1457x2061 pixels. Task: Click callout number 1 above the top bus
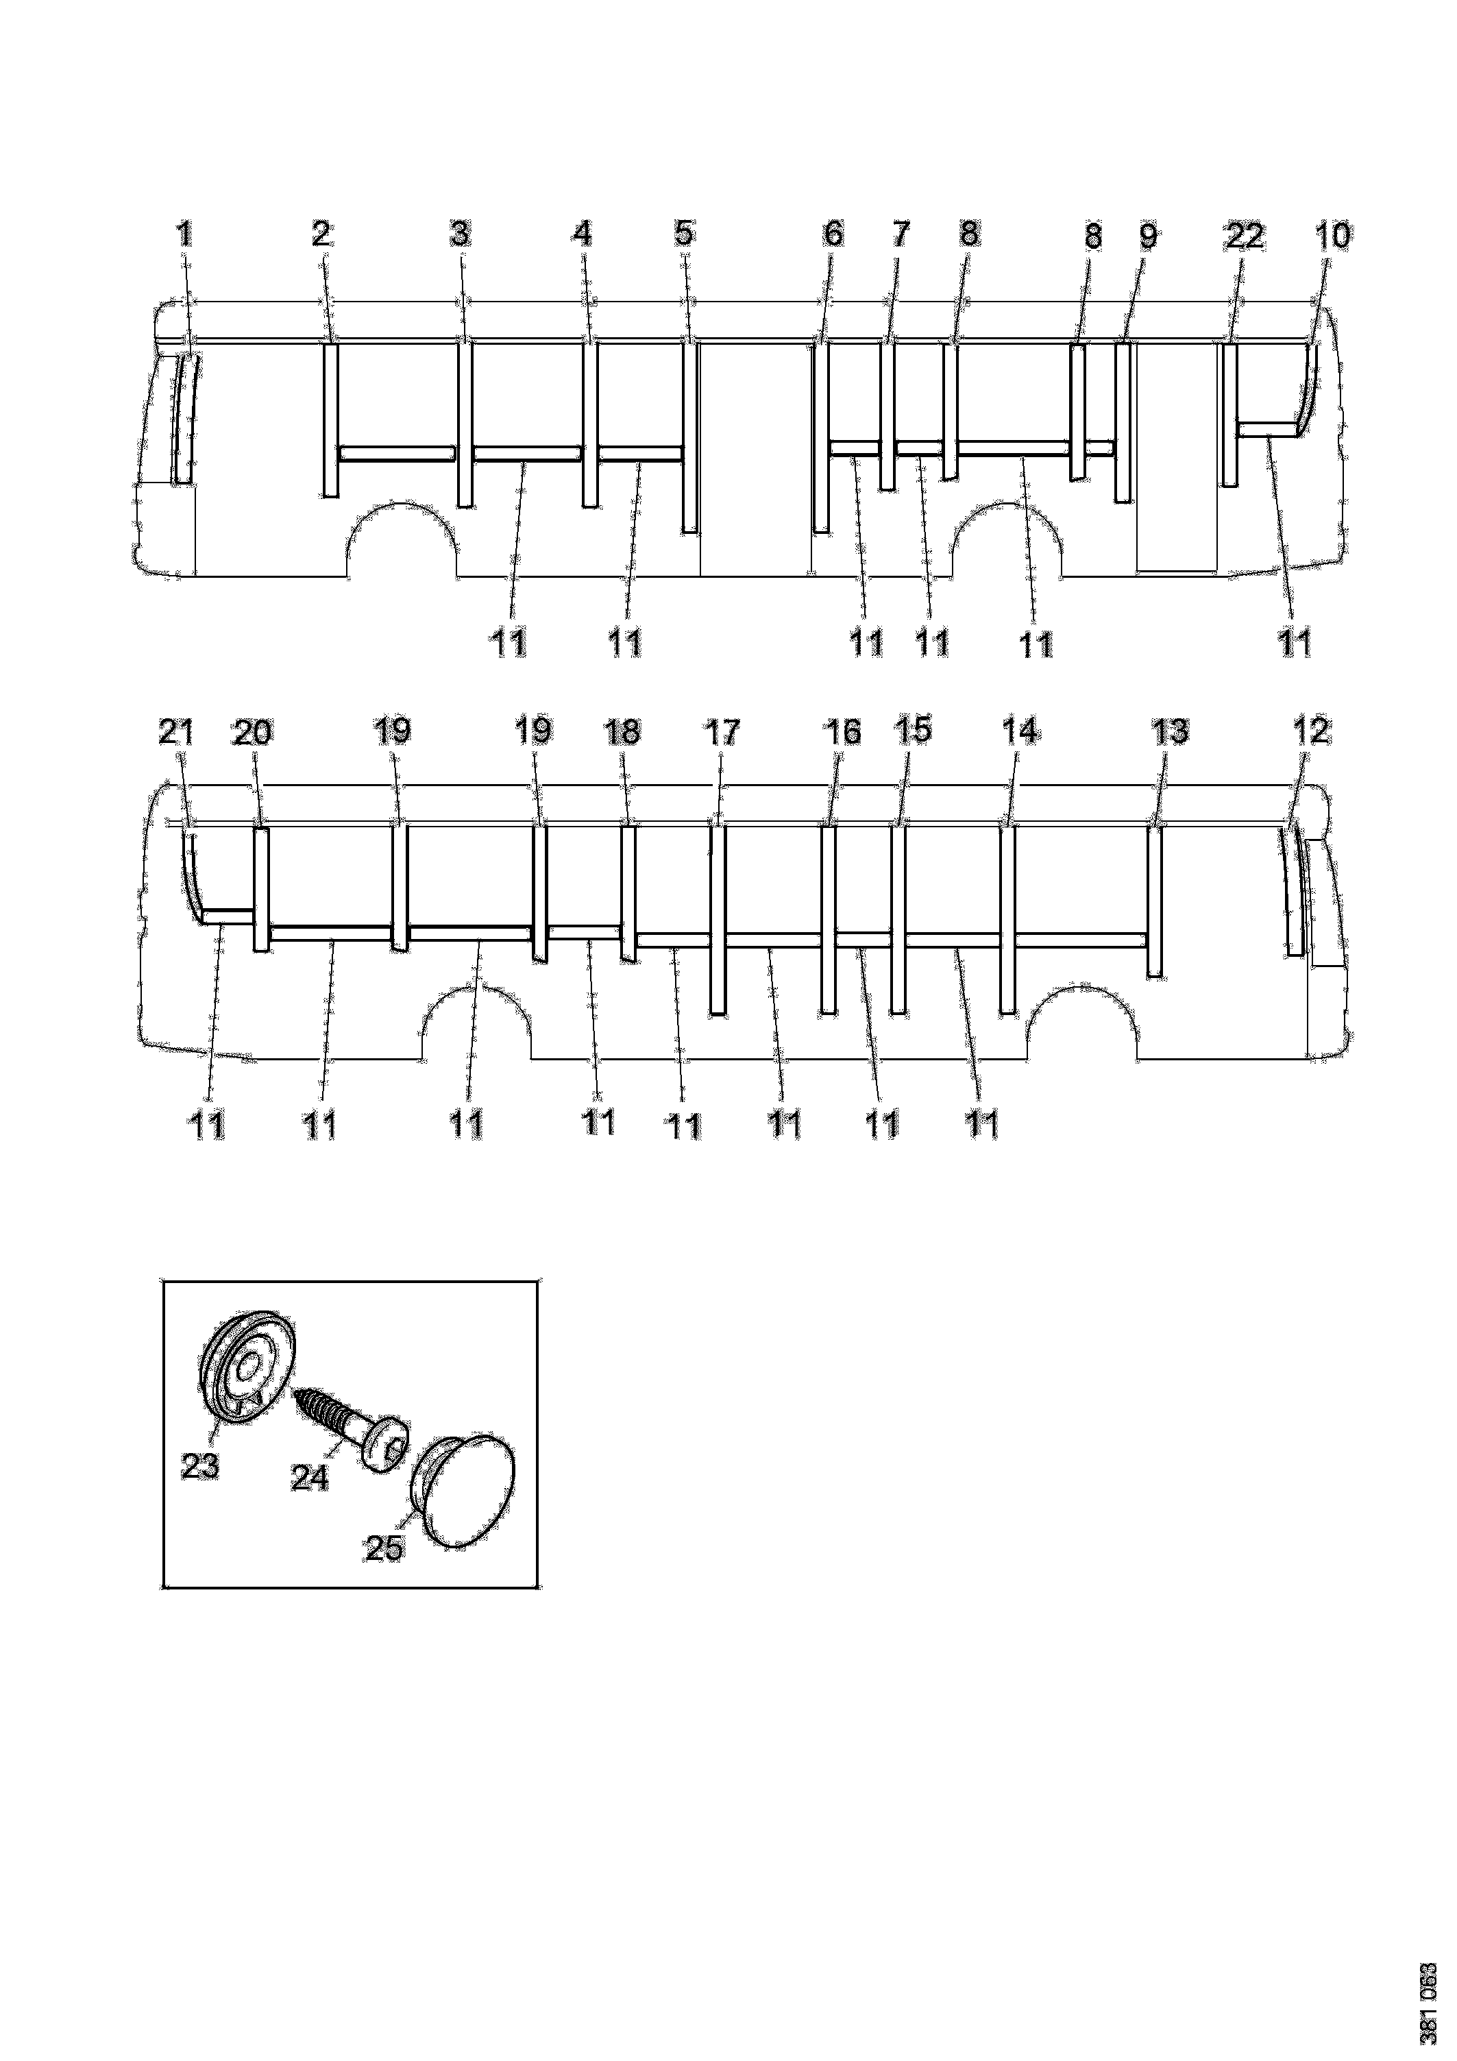(184, 235)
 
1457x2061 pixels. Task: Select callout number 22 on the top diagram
(1245, 236)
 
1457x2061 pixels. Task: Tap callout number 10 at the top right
(1332, 236)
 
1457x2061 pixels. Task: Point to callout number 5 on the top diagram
(684, 234)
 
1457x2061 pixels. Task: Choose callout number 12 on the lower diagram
(1310, 731)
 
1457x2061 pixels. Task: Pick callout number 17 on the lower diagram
(721, 733)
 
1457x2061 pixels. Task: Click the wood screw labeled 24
(351, 1426)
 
